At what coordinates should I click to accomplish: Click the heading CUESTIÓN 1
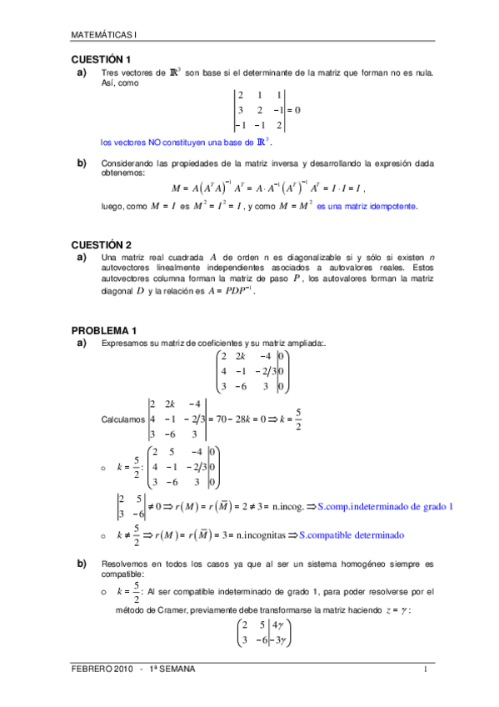102,60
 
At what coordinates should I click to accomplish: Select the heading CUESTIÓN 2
102,245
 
